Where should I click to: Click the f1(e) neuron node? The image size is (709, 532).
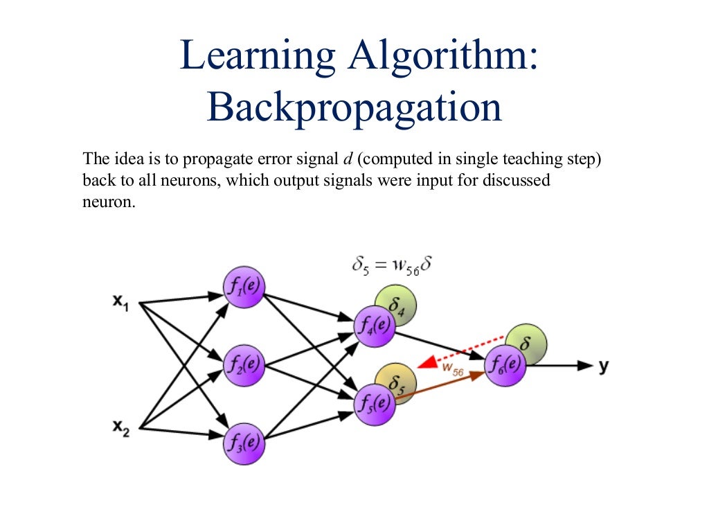pyautogui.click(x=243, y=287)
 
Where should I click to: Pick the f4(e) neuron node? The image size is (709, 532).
pyautogui.click(x=374, y=326)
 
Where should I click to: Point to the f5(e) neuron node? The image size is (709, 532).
pyautogui.click(x=375, y=405)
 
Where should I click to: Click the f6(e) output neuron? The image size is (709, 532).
pyautogui.click(x=505, y=365)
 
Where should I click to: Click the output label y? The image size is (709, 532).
pyautogui.click(x=603, y=366)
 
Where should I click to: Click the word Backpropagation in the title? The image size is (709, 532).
pyautogui.click(x=354, y=107)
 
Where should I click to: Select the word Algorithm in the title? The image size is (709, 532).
pyautogui.click(x=442, y=57)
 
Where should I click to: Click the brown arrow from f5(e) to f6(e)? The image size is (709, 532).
pyautogui.click(x=440, y=386)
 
